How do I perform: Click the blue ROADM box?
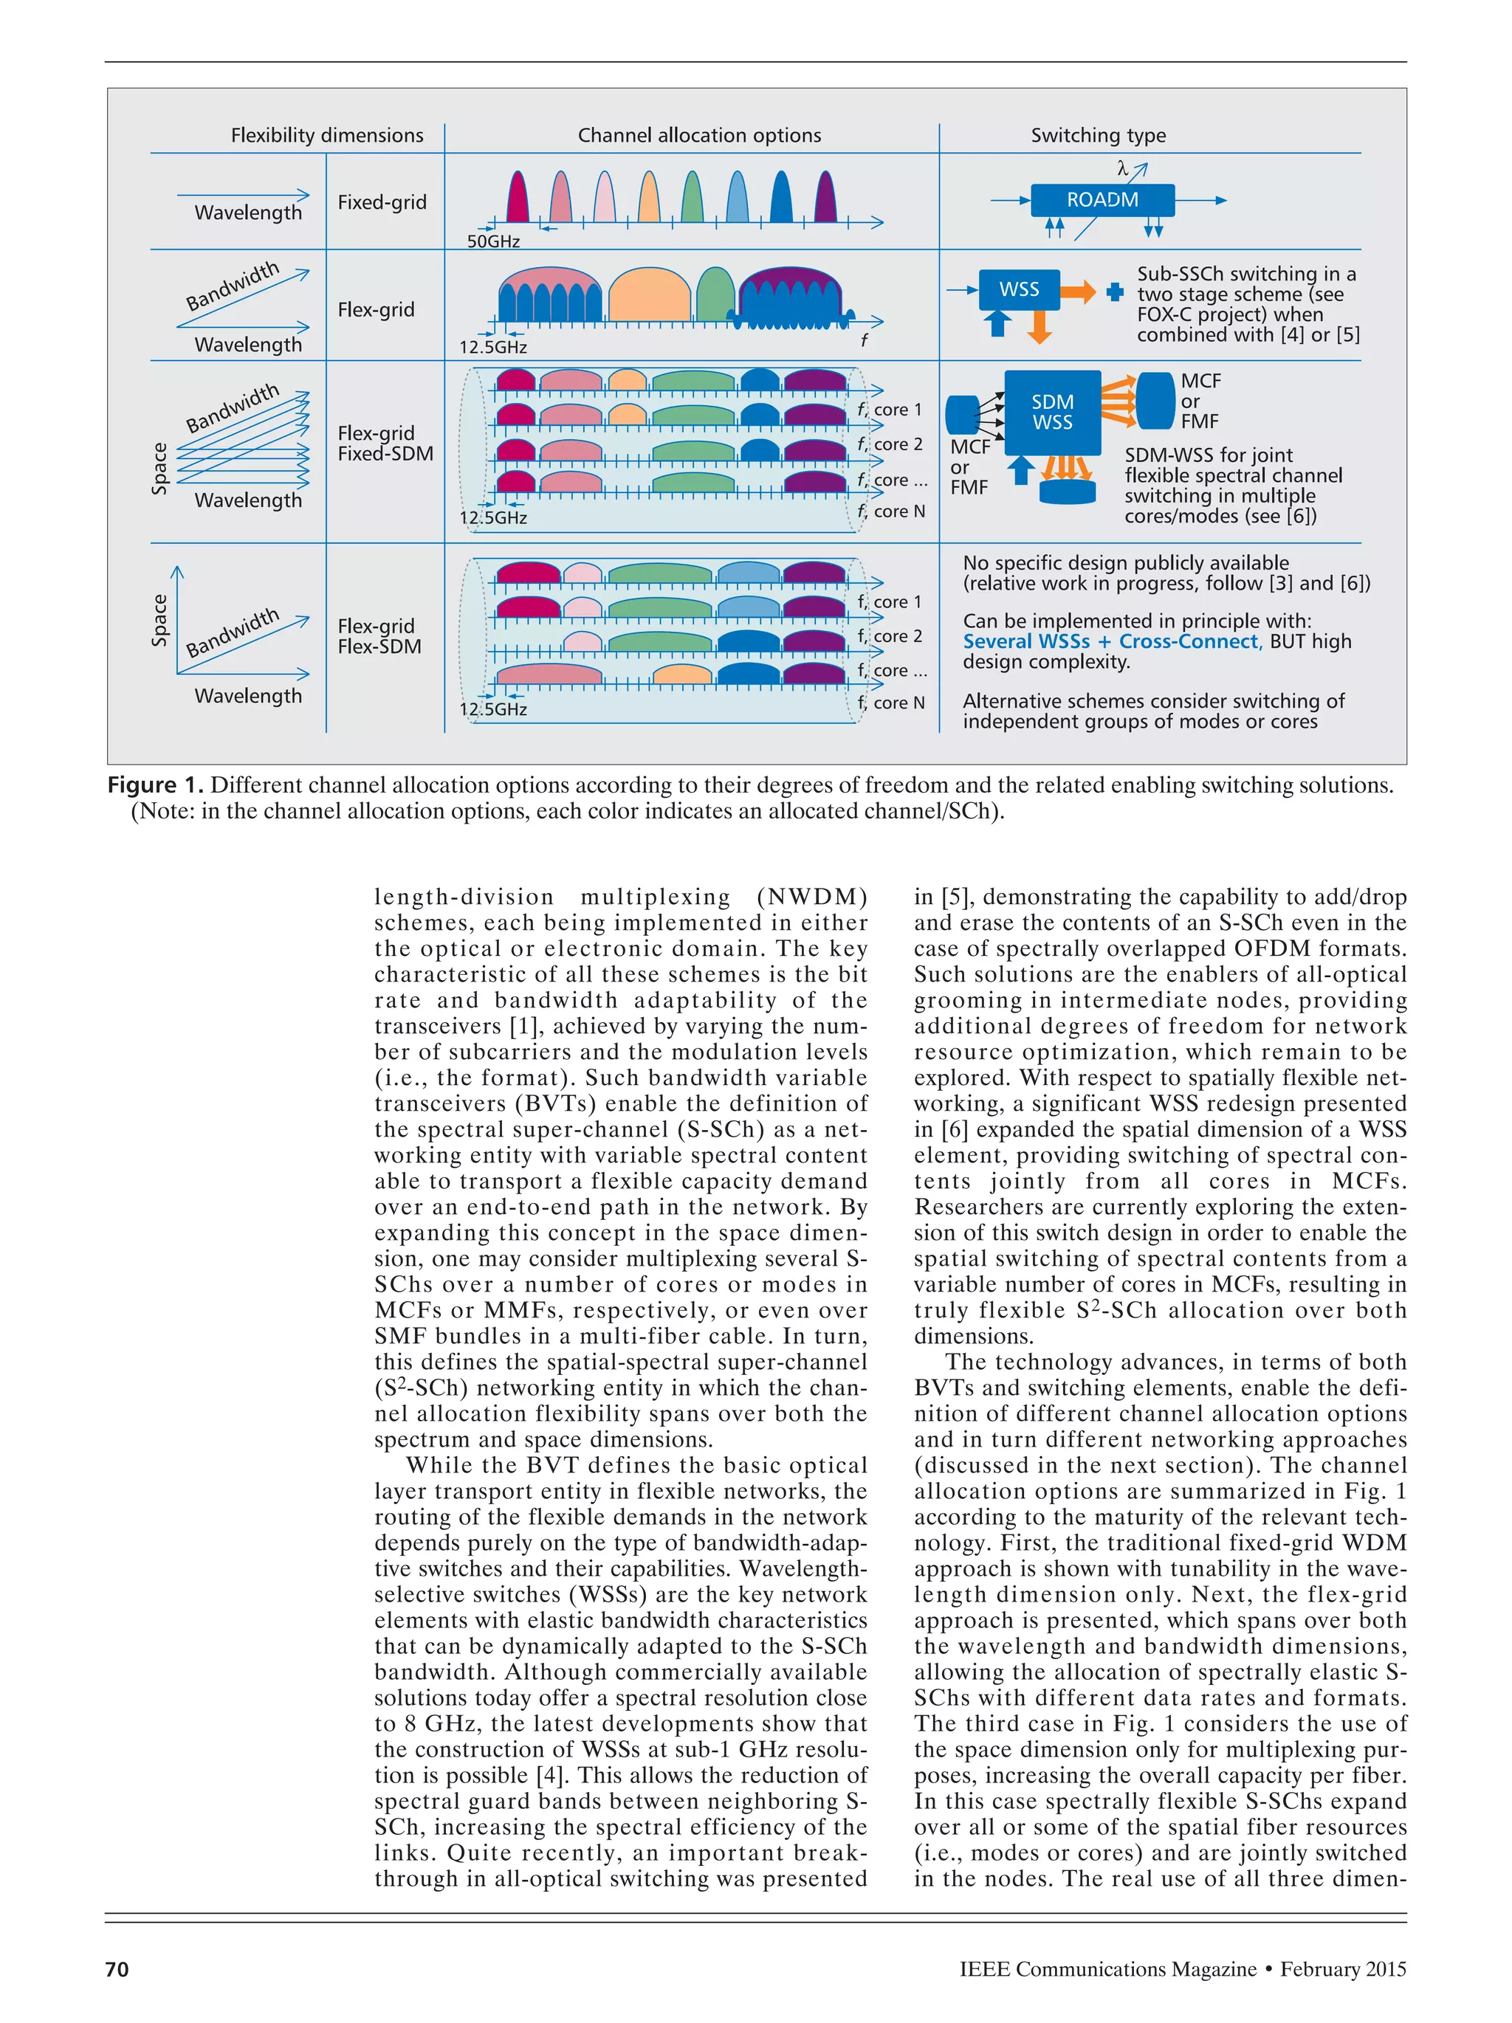1102,199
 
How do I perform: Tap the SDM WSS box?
1052,413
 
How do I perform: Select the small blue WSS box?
1018,289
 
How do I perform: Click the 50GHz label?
493,241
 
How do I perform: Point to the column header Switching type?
1098,135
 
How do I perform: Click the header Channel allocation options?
699,135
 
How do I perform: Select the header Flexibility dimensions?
326,135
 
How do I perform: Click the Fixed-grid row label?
382,202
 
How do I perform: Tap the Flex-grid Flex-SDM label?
379,636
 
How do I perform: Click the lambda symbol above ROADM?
1121,168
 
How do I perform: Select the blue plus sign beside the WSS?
1113,292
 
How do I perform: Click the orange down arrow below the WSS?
1039,326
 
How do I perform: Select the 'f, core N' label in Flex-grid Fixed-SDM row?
891,511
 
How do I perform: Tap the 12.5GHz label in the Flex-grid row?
493,347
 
